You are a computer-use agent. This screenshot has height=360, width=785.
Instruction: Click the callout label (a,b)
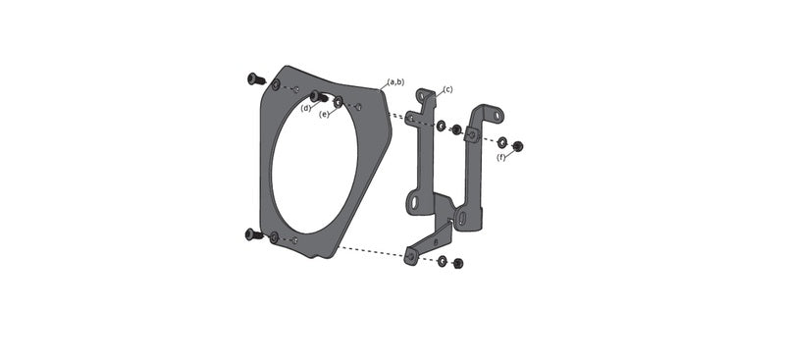(396, 81)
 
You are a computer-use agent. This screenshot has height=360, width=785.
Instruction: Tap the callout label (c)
(447, 89)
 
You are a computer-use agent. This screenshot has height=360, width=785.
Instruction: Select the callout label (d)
(305, 108)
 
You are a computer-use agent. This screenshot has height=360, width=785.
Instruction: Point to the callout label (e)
(325, 114)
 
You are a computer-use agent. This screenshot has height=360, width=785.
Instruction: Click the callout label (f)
(501, 157)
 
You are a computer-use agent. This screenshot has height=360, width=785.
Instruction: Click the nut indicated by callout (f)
(518, 147)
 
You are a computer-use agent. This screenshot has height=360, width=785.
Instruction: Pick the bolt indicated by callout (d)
(318, 96)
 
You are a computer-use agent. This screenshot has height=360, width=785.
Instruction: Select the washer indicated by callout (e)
(339, 102)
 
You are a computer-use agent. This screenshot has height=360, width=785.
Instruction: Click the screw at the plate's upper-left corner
(256, 78)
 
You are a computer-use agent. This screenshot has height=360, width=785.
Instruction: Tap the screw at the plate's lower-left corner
(254, 233)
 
